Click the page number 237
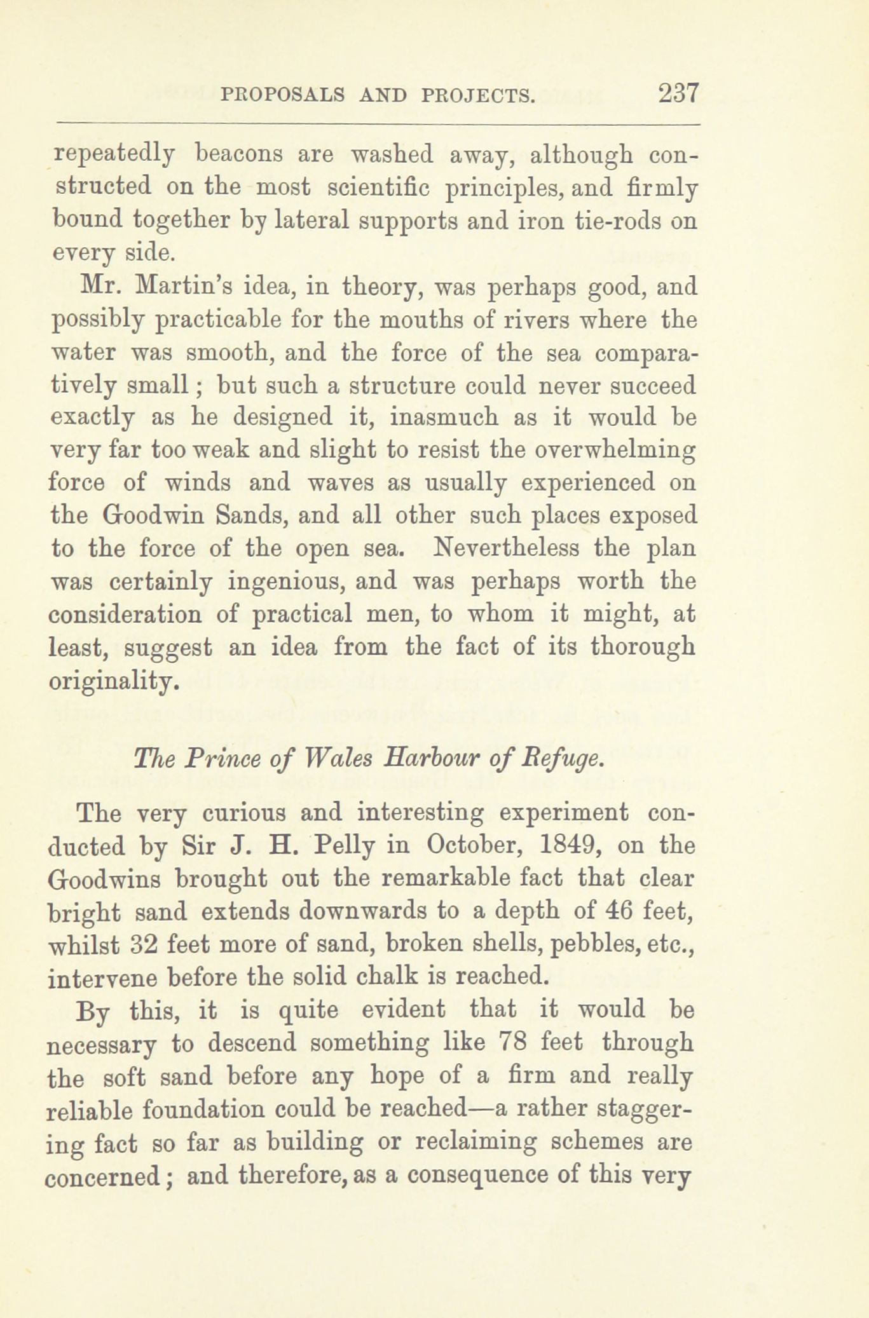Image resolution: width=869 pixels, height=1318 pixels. tap(678, 94)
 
